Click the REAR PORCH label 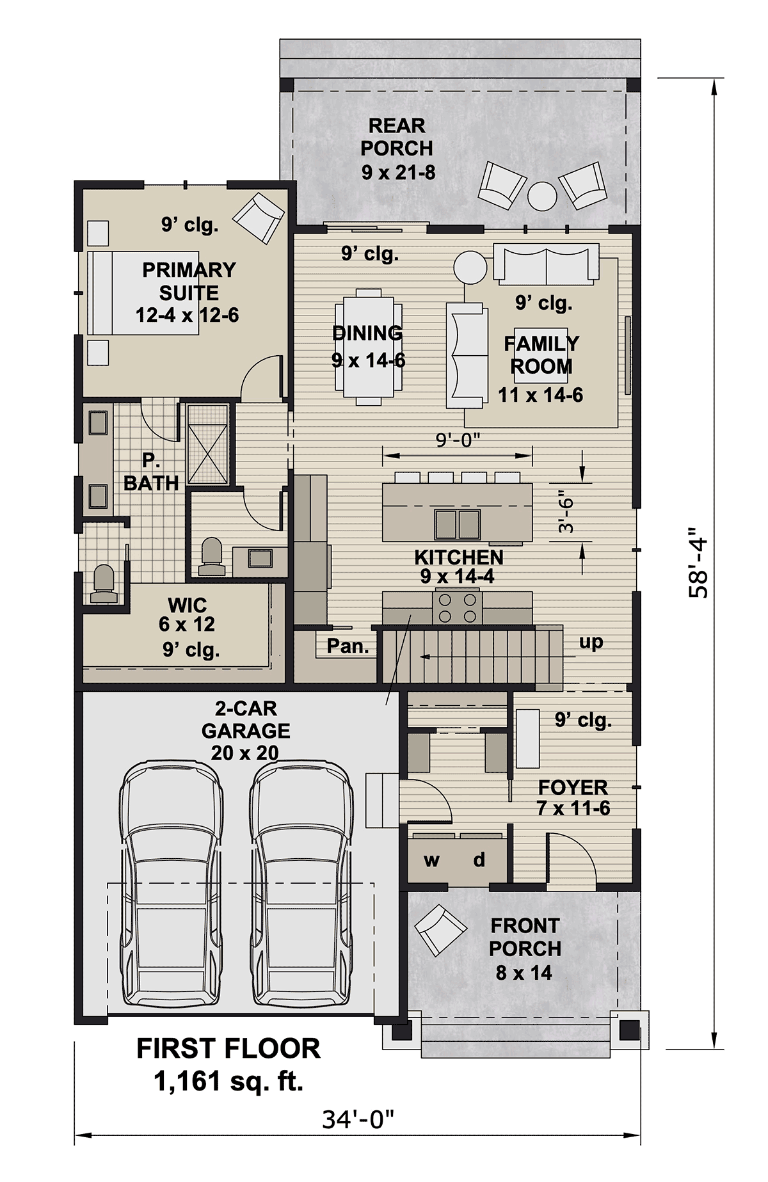click(x=397, y=137)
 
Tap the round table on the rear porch click(x=543, y=196)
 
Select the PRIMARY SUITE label click(x=189, y=281)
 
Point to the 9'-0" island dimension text click(x=458, y=440)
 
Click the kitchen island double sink click(x=457, y=524)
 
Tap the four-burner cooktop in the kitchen click(x=457, y=608)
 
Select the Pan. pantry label click(x=348, y=646)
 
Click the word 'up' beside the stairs click(x=591, y=643)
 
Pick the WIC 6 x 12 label click(x=187, y=614)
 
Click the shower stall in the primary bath click(x=207, y=443)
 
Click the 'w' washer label click(x=431, y=861)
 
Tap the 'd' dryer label click(x=479, y=859)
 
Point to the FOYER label click(x=573, y=787)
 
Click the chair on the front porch click(x=440, y=929)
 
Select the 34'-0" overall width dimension click(x=358, y=1119)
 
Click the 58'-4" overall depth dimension click(x=698, y=563)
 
